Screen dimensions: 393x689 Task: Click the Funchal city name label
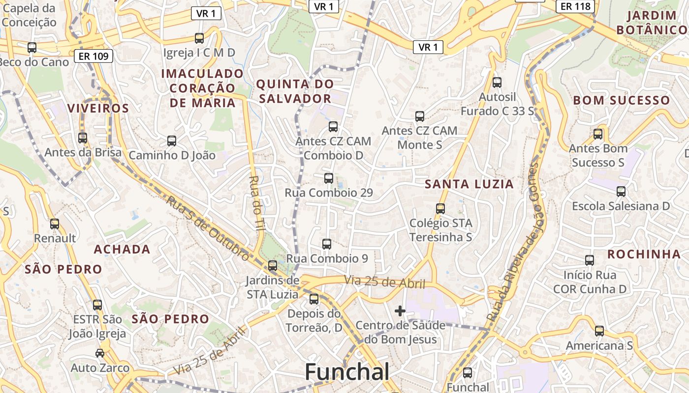click(347, 372)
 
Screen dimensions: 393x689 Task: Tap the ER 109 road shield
click(94, 56)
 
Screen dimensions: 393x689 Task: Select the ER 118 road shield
click(575, 6)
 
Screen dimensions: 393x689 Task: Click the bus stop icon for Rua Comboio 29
click(329, 178)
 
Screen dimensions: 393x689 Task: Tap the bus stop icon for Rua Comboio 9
click(326, 244)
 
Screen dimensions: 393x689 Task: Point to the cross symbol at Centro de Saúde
click(400, 310)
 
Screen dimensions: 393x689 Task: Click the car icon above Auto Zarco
click(100, 353)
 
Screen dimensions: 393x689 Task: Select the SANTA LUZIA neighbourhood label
click(469, 184)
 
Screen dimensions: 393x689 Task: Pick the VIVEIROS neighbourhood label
click(98, 108)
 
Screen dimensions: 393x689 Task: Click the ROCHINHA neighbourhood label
click(644, 254)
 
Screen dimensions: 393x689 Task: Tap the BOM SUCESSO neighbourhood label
click(621, 101)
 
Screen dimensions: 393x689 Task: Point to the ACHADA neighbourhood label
click(122, 249)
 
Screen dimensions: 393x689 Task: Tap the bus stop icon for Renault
click(55, 224)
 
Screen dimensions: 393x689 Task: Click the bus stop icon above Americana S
click(599, 331)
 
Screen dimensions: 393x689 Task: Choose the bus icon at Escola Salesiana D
click(621, 192)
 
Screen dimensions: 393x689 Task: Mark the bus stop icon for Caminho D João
click(172, 141)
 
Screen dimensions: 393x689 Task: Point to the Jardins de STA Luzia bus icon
click(273, 266)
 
